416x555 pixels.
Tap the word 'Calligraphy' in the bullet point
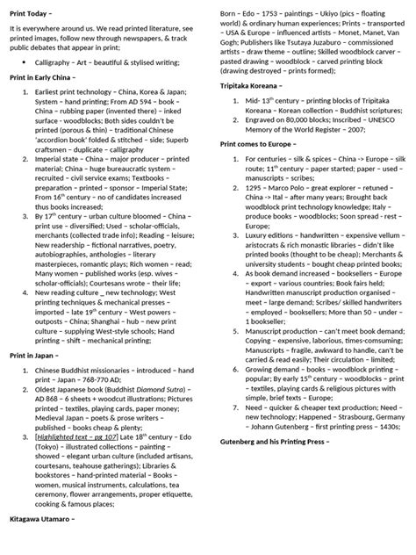pos(49,63)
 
